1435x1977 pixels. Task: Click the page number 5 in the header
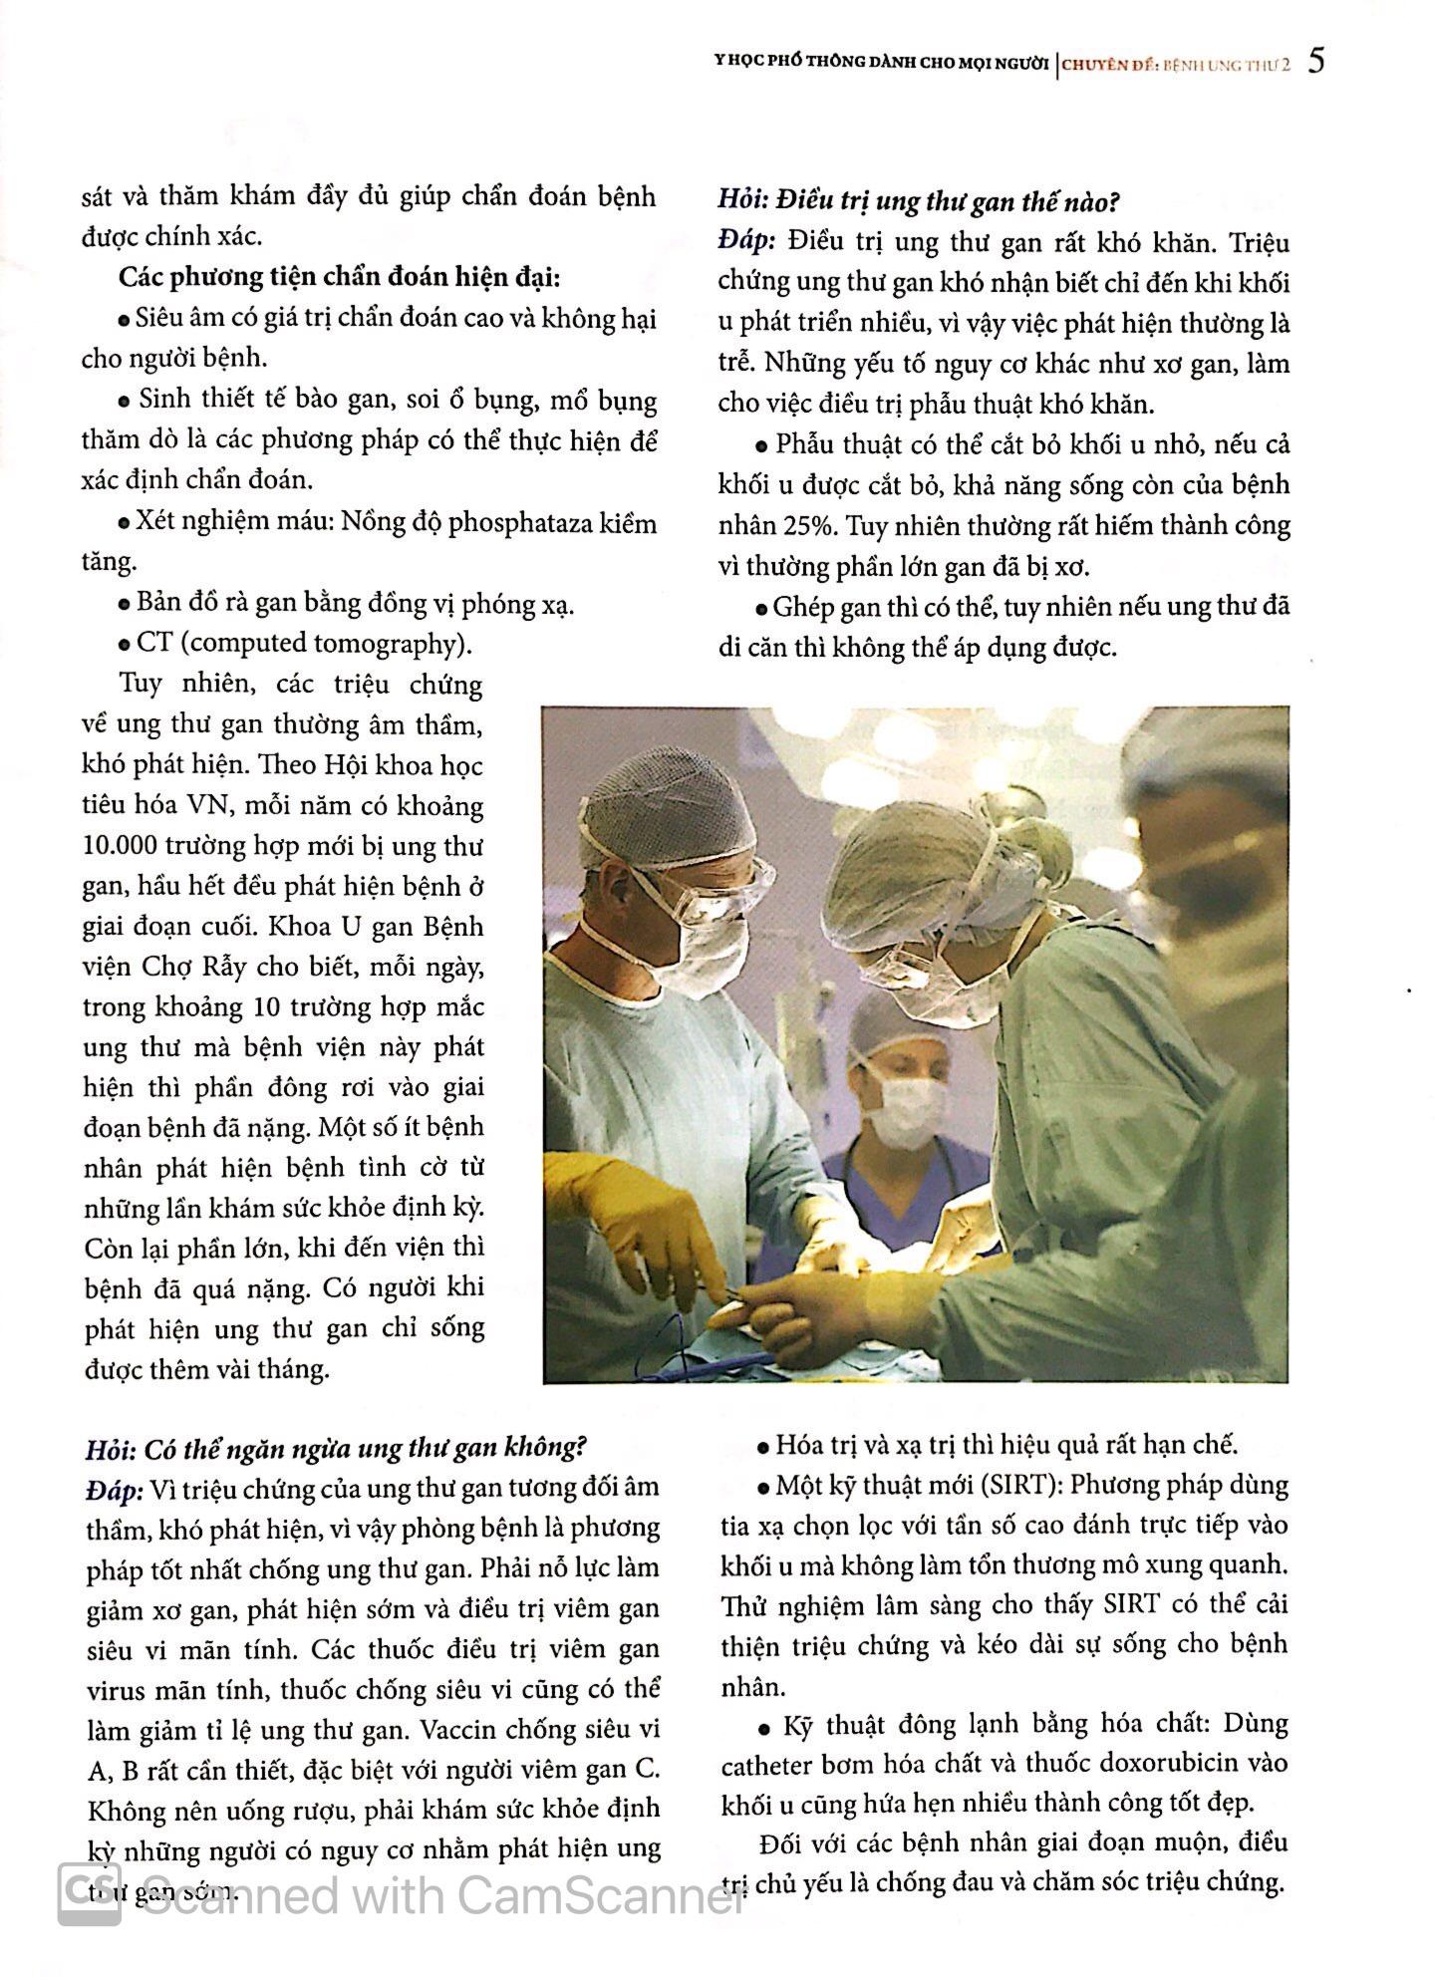point(1317,62)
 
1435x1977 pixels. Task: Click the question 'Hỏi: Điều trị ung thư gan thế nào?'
point(919,202)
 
